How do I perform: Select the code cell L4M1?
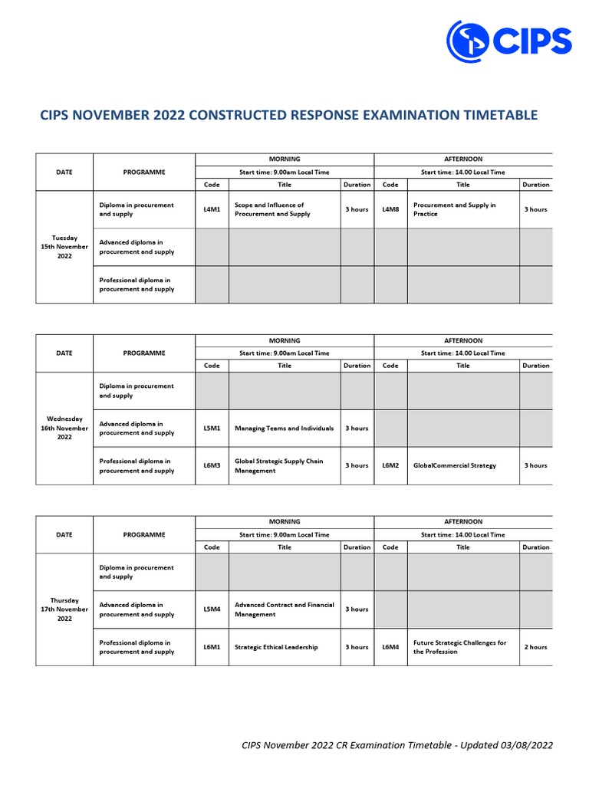pyautogui.click(x=212, y=209)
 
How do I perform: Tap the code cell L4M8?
pyautogui.click(x=390, y=209)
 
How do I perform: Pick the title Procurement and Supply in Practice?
pyautogui.click(x=455, y=209)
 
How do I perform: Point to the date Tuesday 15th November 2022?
pyautogui.click(x=64, y=247)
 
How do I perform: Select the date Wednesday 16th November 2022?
pyautogui.click(x=64, y=428)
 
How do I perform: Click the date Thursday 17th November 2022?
pyautogui.click(x=64, y=609)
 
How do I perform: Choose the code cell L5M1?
pyautogui.click(x=212, y=429)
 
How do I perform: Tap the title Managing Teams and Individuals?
pyautogui.click(x=284, y=429)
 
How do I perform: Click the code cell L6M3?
pyautogui.click(x=212, y=465)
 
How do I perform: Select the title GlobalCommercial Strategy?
pyautogui.click(x=455, y=465)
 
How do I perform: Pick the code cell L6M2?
pyautogui.click(x=390, y=465)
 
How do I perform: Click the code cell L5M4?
pyautogui.click(x=212, y=609)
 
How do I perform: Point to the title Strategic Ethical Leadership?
pyautogui.click(x=276, y=647)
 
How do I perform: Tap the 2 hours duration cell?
pyautogui.click(x=535, y=647)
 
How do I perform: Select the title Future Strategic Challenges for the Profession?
pyautogui.click(x=459, y=647)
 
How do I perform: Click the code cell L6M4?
pyautogui.click(x=390, y=647)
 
